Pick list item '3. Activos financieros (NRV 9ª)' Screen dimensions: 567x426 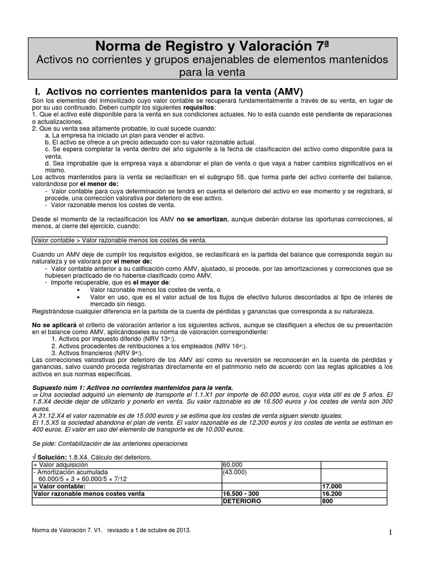pyautogui.click(x=97, y=353)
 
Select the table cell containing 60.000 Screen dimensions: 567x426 pyautogui.click(x=231, y=465)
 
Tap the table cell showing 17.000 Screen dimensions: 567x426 pyautogui.click(x=332, y=486)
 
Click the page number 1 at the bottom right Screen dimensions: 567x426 pyautogui.click(x=390, y=532)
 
